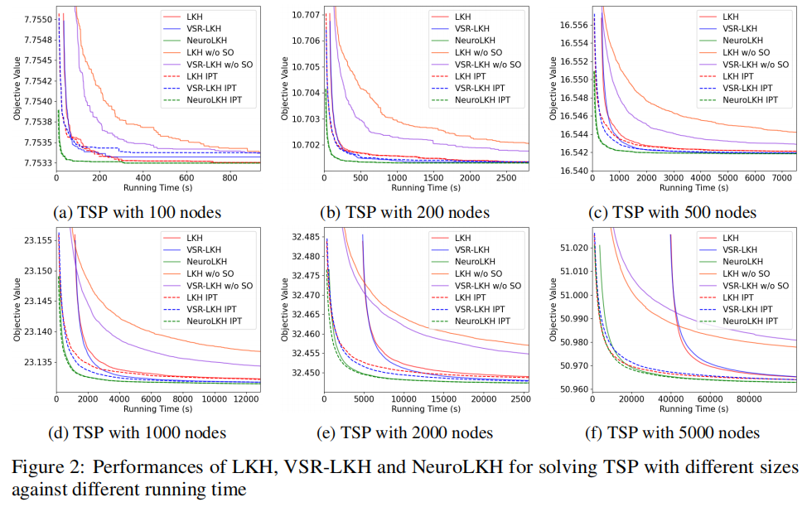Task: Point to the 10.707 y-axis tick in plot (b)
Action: click(303, 15)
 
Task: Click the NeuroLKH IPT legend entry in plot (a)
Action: click(214, 100)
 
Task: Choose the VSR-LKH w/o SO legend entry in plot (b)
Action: click(488, 65)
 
